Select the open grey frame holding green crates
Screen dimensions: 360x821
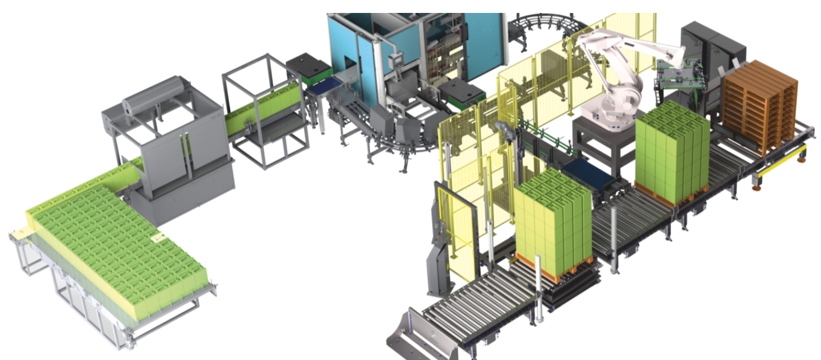point(264,112)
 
